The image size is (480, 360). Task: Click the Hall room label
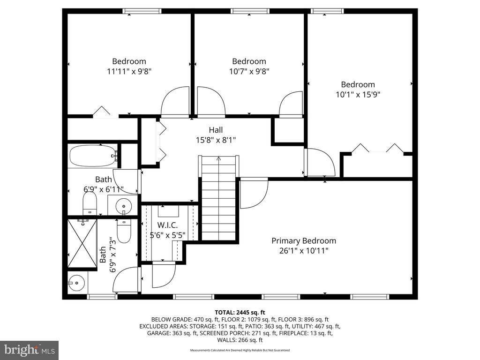pos(216,130)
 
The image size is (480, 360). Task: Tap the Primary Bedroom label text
pos(304,241)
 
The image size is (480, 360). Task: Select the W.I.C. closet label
pos(167,225)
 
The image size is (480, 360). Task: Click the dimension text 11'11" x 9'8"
pos(129,71)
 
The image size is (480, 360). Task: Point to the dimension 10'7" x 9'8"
pos(249,71)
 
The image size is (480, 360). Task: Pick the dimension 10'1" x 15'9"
pos(358,95)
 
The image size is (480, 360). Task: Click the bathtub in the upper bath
pos(93,156)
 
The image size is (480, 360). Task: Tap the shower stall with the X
pos(82,243)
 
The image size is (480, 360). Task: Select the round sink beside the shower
pos(76,283)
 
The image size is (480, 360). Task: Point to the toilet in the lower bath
pos(124,231)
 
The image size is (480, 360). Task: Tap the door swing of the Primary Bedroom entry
pos(254,194)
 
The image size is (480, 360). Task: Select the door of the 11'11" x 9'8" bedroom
pos(175,102)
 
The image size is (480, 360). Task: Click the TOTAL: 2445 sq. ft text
pos(240,313)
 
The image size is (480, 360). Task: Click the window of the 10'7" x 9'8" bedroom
pos(250,11)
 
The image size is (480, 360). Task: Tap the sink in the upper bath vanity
pos(124,204)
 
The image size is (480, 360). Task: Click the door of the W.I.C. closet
pos(164,275)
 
